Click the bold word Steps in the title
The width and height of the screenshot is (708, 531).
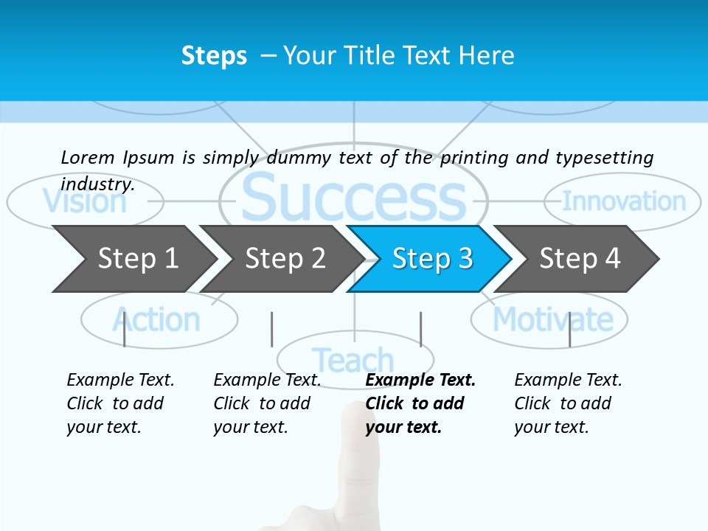point(214,55)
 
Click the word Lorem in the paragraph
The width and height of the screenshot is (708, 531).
point(87,157)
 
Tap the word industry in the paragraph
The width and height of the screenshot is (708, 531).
point(97,184)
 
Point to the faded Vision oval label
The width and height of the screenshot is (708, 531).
point(84,201)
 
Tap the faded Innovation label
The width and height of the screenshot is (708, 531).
point(624,201)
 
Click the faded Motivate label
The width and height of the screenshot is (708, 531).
point(552,320)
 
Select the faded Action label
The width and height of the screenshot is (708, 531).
point(156,320)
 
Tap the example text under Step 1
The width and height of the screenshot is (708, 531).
point(118,403)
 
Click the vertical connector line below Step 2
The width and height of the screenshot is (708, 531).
point(271,329)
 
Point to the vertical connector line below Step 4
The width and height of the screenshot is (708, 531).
point(569,329)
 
